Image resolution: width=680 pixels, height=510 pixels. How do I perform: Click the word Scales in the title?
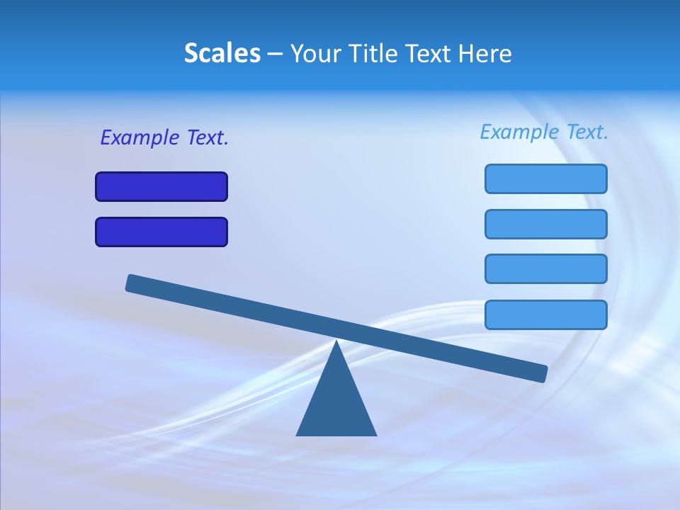[x=222, y=53]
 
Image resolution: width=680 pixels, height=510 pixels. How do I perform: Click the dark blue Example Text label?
[x=164, y=137]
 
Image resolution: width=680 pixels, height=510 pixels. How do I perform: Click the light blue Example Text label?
[x=544, y=132]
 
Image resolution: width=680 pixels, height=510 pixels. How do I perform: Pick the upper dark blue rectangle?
[x=161, y=186]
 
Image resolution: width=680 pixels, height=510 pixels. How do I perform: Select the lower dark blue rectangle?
[x=161, y=232]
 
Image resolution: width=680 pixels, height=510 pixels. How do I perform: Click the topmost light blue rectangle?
[x=545, y=178]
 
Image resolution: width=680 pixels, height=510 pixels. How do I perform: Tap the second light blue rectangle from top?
[x=545, y=224]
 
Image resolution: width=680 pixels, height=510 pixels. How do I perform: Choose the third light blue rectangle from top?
[x=545, y=268]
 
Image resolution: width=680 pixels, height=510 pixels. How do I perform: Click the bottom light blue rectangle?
[x=545, y=314]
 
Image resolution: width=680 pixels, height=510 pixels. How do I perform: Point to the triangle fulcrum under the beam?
[x=336, y=404]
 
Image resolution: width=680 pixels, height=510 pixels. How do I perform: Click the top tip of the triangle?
[x=336, y=343]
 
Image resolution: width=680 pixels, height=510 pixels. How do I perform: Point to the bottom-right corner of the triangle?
[x=375, y=434]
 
